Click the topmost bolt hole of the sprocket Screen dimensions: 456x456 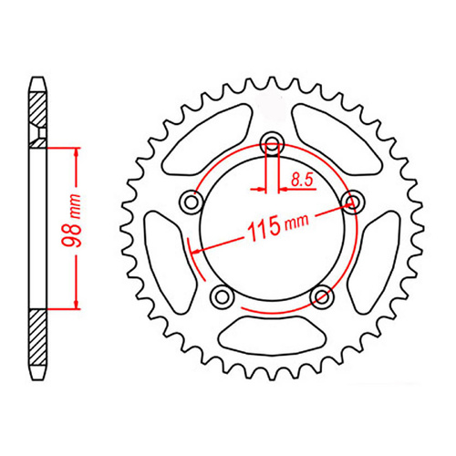[x=272, y=141]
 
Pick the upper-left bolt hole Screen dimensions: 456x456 [x=191, y=201]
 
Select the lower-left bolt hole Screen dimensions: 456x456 [x=222, y=296]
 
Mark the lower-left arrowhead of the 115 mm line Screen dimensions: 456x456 [x=194, y=248]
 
